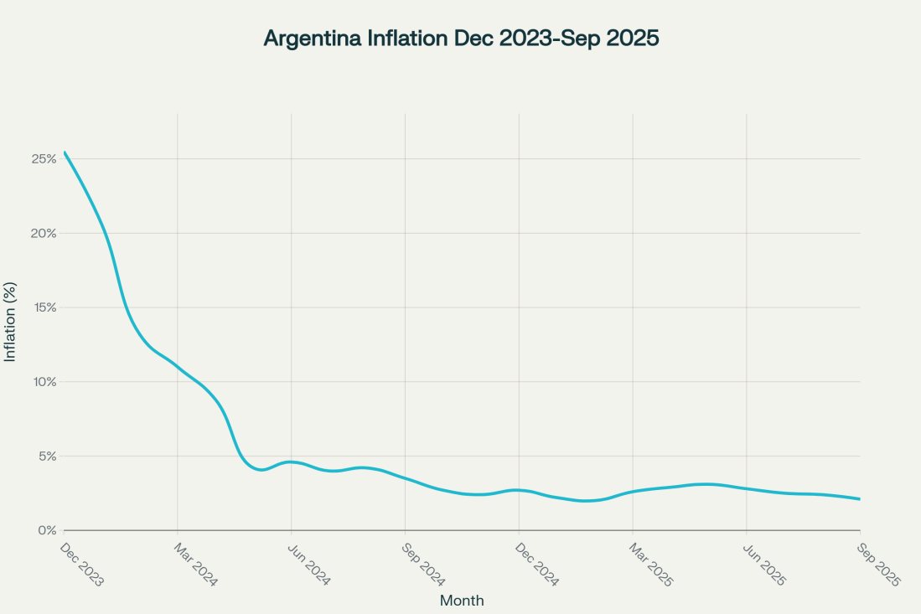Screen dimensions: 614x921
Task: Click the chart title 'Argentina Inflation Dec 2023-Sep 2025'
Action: (461, 39)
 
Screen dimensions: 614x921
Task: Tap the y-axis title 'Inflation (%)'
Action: (10, 322)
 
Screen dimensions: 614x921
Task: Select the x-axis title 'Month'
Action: (462, 600)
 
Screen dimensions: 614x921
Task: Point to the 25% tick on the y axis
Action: (44, 158)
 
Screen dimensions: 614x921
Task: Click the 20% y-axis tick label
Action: (44, 233)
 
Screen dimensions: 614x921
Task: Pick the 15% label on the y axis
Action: (44, 307)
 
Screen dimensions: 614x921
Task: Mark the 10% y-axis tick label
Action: (44, 382)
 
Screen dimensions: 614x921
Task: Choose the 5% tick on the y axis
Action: (47, 457)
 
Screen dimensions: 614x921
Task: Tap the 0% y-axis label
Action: (47, 530)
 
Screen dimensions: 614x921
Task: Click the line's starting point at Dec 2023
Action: (65, 152)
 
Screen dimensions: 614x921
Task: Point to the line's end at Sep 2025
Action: (860, 499)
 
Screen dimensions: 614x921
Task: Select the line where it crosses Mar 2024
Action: (178, 367)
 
